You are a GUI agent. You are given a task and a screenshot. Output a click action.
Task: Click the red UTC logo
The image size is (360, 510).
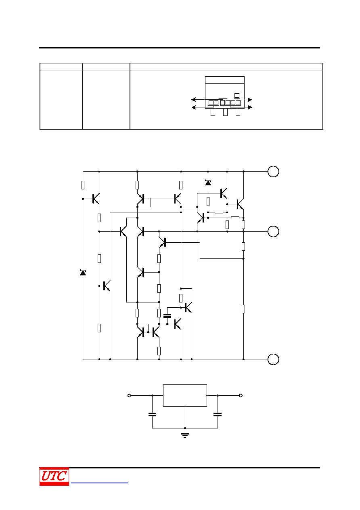tap(54, 476)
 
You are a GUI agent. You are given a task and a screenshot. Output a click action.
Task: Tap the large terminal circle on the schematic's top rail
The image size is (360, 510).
tap(273, 172)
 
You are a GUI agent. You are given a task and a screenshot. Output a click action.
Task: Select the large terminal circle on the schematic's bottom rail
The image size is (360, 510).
tap(273, 359)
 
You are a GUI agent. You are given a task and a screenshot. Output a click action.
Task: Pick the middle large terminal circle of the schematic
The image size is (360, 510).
tap(273, 231)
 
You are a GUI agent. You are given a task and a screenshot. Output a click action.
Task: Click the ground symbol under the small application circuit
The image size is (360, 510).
tap(185, 435)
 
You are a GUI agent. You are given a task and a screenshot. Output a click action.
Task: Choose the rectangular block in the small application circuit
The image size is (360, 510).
tap(185, 395)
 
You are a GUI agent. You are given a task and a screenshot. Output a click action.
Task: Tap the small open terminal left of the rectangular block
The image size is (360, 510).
tap(129, 395)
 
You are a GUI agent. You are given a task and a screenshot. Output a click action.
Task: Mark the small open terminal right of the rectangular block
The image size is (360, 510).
tap(241, 395)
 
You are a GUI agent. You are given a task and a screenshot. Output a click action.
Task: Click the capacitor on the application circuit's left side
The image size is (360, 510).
tap(152, 414)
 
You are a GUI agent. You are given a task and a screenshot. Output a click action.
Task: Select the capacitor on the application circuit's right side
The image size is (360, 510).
tap(218, 414)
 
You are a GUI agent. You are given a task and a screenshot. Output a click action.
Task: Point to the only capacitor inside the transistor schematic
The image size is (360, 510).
tap(167, 315)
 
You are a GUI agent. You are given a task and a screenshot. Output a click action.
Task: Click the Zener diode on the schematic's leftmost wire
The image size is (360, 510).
tap(83, 272)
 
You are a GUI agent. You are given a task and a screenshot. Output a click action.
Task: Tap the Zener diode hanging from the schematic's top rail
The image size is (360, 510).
tap(208, 183)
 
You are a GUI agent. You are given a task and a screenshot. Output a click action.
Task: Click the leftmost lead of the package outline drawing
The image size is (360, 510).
tap(213, 112)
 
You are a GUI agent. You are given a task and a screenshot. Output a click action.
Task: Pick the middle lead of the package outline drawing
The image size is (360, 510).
tap(225, 112)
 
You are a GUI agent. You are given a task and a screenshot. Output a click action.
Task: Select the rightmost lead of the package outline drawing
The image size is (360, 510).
tap(238, 112)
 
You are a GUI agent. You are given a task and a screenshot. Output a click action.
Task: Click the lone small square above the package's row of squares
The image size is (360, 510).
tap(237, 95)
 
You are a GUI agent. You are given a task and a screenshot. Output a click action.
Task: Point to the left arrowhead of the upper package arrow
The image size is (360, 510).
tap(193, 99)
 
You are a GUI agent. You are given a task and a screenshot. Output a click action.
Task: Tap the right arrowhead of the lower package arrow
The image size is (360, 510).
tap(250, 107)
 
